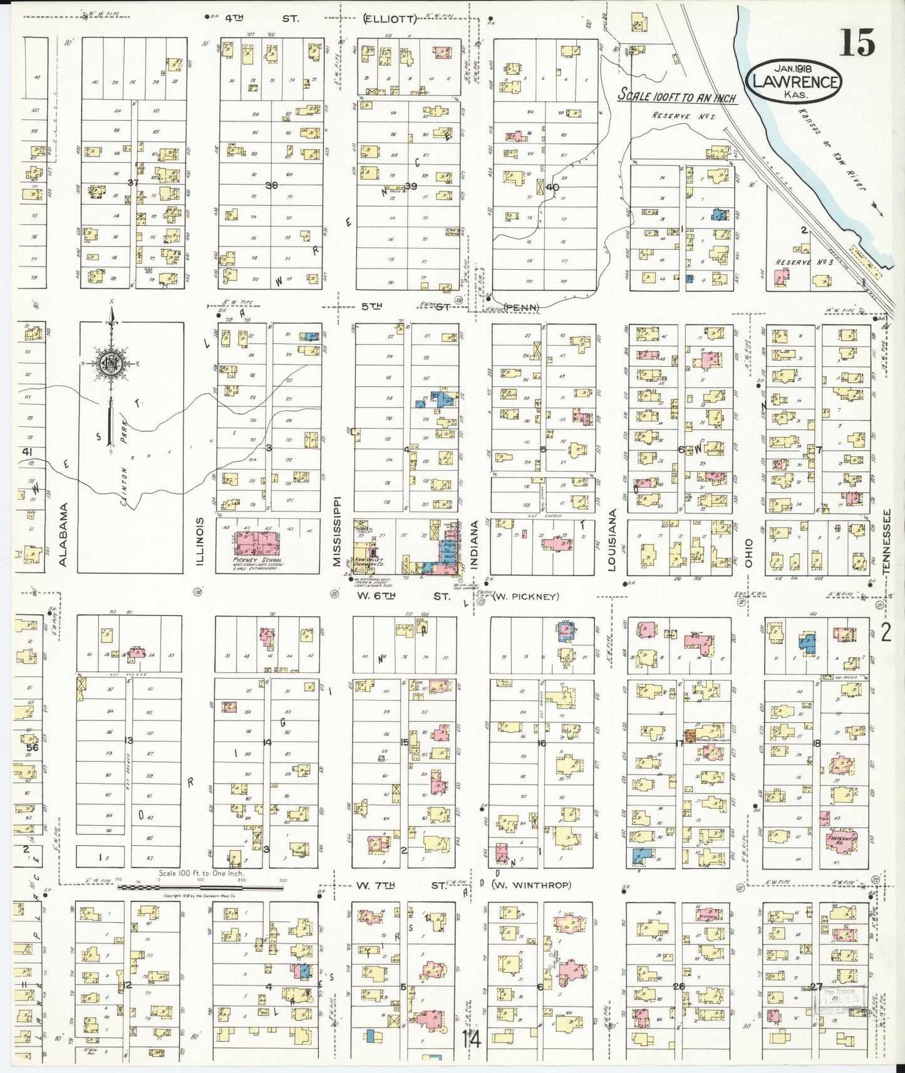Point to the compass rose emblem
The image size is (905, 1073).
[x=110, y=363]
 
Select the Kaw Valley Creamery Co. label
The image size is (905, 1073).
[x=368, y=562]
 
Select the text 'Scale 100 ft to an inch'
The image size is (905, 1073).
[x=676, y=96]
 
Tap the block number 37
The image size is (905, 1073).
[x=132, y=183]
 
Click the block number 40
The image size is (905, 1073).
[x=551, y=187]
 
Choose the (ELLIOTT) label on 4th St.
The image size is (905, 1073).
[x=390, y=19]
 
